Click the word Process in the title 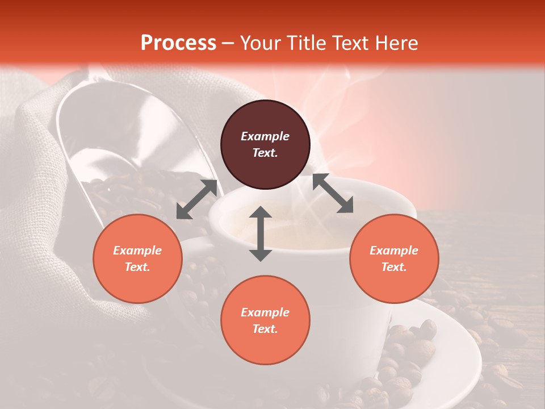pos(178,43)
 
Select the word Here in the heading pos(396,43)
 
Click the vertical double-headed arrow pos(261,233)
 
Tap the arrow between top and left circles pos(196,199)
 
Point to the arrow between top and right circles pos(333,194)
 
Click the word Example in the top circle pos(265,136)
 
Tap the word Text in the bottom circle pos(265,329)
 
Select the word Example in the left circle pos(137,251)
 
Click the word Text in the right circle pos(394,267)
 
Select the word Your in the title pos(258,43)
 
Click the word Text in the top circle pos(265,153)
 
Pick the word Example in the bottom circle pos(265,312)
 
